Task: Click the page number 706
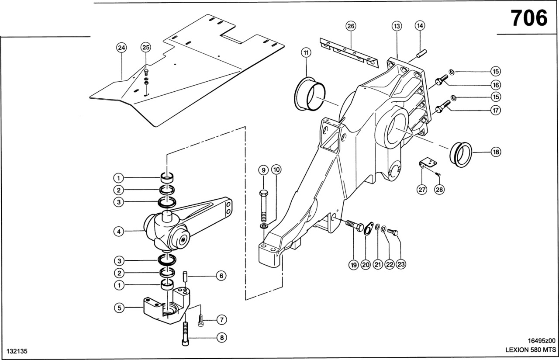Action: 529,18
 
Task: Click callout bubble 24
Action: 121,47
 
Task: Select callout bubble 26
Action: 351,26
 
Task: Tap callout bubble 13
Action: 397,26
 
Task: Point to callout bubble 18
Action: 495,152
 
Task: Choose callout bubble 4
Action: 118,232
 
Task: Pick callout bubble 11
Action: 306,52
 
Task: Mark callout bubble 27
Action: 422,190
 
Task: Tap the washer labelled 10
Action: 264,226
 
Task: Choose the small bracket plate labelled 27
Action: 427,164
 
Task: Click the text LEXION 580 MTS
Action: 530,350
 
